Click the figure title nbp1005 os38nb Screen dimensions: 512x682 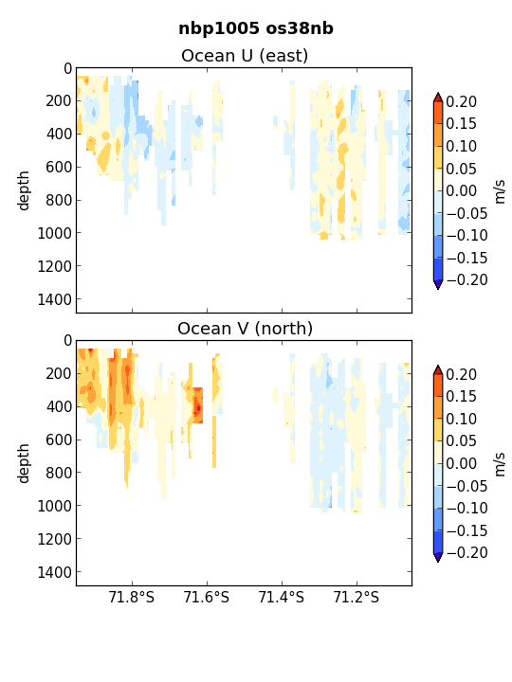[x=256, y=28]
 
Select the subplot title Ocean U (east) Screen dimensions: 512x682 [x=245, y=56]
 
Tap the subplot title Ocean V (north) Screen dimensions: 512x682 [x=246, y=329]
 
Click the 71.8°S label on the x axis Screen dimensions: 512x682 [x=132, y=597]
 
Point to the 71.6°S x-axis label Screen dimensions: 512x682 [x=207, y=597]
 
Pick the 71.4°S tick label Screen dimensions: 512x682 [x=282, y=597]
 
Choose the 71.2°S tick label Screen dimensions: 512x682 [x=357, y=597]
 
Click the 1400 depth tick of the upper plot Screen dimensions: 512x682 [x=54, y=299]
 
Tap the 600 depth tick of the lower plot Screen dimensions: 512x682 [x=59, y=440]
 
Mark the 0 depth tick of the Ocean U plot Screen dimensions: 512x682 [x=67, y=69]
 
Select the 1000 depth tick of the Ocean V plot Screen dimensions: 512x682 [x=54, y=506]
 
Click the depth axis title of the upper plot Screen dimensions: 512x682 [x=23, y=190]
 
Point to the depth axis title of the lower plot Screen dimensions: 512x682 [x=23, y=463]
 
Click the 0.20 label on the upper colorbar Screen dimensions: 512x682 [x=462, y=101]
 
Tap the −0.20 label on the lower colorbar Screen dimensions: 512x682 [x=467, y=553]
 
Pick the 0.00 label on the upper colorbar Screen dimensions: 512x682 [x=462, y=191]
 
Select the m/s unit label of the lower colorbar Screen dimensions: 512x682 [x=500, y=464]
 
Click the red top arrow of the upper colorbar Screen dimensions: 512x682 [x=438, y=98]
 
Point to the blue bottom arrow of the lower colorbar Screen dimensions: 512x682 [x=438, y=557]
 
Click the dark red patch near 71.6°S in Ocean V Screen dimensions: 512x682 [x=198, y=407]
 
